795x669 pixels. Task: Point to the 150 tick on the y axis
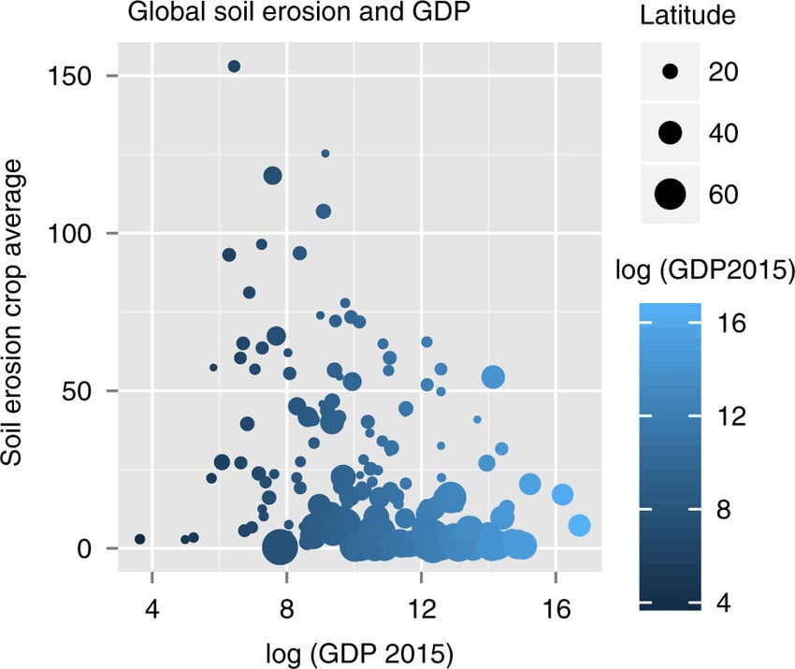(81, 76)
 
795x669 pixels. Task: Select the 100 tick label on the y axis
(81, 233)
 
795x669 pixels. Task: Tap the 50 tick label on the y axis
(88, 390)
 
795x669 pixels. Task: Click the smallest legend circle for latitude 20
(670, 71)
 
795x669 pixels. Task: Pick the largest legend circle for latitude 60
(670, 194)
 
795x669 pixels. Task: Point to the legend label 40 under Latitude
(724, 133)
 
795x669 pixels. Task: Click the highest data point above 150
(234, 66)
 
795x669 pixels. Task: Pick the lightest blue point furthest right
(579, 526)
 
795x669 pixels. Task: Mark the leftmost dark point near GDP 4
(140, 539)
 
